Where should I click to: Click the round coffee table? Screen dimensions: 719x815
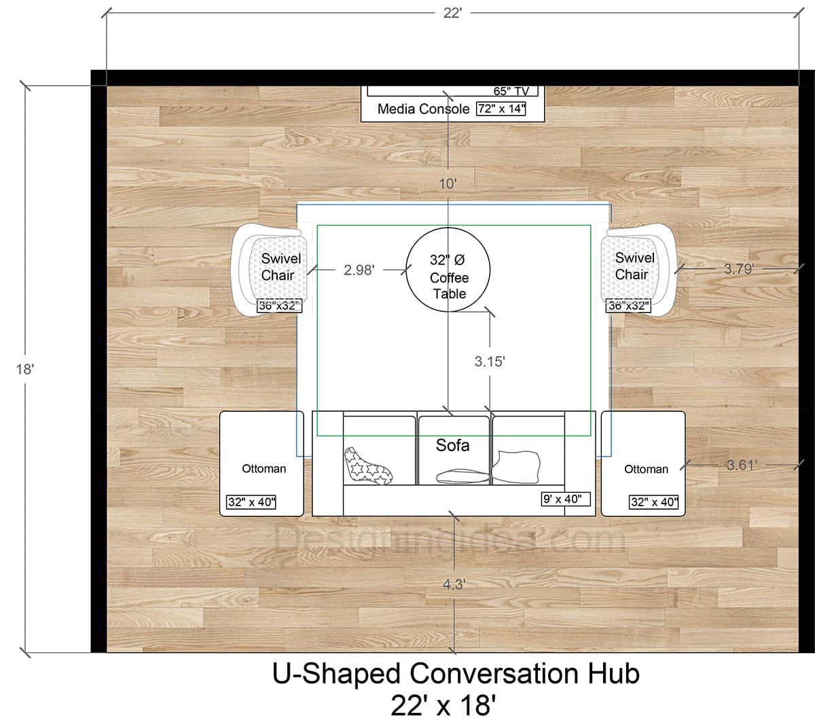click(x=448, y=270)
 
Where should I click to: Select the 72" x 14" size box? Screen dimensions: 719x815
click(x=501, y=108)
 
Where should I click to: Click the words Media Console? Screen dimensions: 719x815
click(x=423, y=109)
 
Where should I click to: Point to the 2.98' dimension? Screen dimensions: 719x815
click(x=359, y=270)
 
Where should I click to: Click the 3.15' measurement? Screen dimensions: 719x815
click(x=490, y=362)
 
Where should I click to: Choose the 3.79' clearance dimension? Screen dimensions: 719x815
click(x=738, y=268)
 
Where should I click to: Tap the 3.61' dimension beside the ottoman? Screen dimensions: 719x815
click(x=742, y=465)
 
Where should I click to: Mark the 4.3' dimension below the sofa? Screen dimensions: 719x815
click(x=453, y=584)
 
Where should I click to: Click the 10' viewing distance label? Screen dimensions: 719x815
click(x=448, y=183)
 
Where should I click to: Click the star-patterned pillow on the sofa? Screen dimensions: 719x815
click(x=368, y=466)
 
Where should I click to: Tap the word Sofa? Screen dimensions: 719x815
click(x=452, y=445)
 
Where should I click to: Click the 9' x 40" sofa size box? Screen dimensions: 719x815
click(x=566, y=499)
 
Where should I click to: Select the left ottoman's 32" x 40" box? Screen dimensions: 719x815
click(x=255, y=503)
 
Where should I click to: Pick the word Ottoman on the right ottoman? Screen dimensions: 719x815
click(x=646, y=469)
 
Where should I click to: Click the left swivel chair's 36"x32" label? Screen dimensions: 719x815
click(x=279, y=306)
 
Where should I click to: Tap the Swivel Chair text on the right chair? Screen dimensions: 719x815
click(x=634, y=266)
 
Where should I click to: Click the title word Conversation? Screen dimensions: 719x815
click(x=492, y=674)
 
